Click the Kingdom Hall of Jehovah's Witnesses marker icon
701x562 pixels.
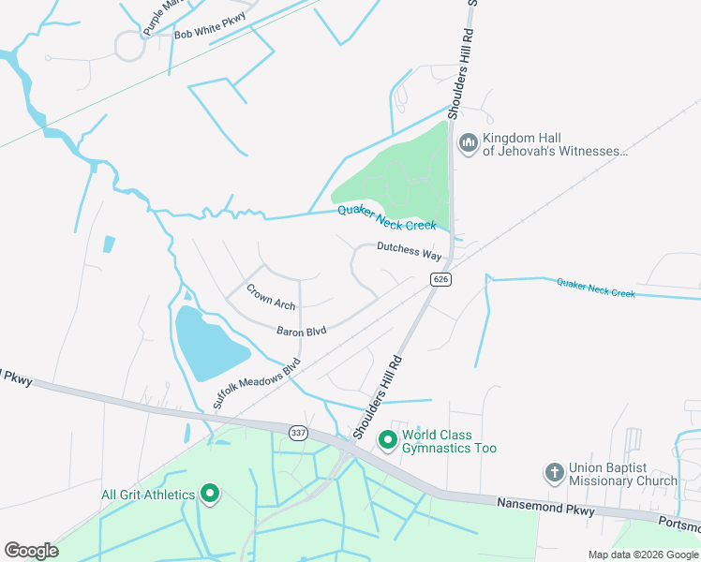click(468, 143)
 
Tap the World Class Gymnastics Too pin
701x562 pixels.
click(386, 438)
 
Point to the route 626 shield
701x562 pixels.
click(441, 279)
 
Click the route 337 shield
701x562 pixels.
click(298, 431)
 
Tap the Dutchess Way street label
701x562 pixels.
click(409, 251)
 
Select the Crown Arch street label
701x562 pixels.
click(271, 297)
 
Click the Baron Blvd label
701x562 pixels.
click(301, 331)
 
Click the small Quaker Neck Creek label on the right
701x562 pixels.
click(595, 288)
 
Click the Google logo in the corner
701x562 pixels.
click(31, 551)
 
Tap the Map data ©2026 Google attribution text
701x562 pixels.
click(643, 555)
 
